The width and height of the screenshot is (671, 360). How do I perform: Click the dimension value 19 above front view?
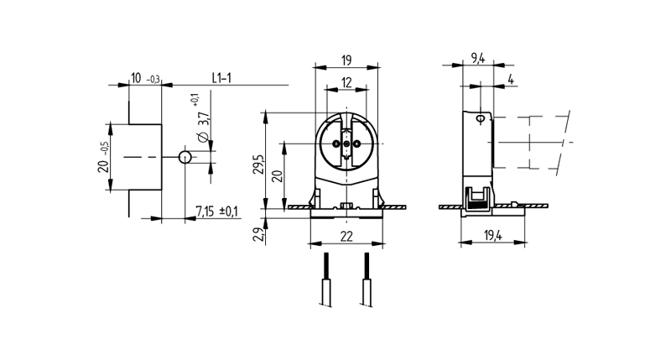click(x=346, y=60)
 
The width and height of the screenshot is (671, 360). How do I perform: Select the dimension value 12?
click(x=346, y=82)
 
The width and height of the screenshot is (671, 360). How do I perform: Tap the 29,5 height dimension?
click(x=259, y=164)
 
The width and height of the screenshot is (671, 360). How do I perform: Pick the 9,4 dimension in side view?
click(x=478, y=58)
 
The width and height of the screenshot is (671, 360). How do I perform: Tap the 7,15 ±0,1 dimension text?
click(x=216, y=211)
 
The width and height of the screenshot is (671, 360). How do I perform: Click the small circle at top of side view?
click(x=480, y=120)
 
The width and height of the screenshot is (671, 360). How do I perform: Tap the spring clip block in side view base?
click(x=477, y=198)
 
